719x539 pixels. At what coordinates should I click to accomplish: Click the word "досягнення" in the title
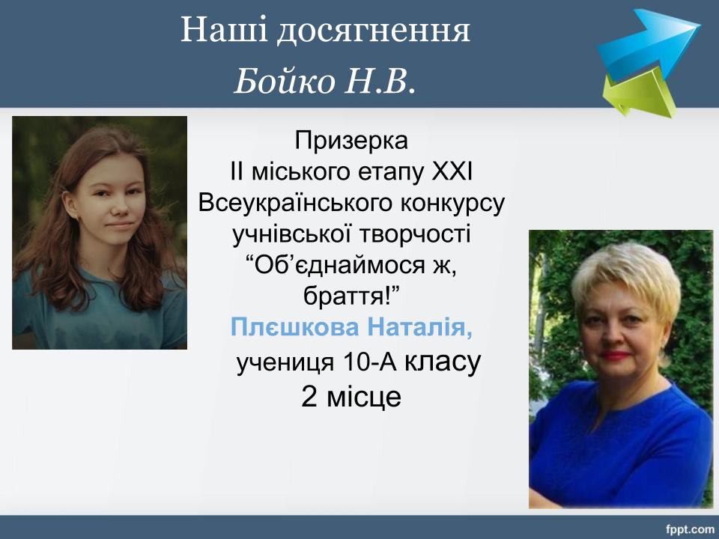[x=373, y=31]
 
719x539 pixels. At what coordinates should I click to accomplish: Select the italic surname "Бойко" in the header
[x=285, y=82]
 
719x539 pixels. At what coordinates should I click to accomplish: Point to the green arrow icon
[x=639, y=91]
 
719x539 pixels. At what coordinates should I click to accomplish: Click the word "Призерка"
[x=351, y=140]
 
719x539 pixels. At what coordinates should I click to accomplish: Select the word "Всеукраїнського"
[x=295, y=203]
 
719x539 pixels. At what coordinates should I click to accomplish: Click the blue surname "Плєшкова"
[x=295, y=328]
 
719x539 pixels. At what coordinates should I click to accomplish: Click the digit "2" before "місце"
[x=309, y=397]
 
